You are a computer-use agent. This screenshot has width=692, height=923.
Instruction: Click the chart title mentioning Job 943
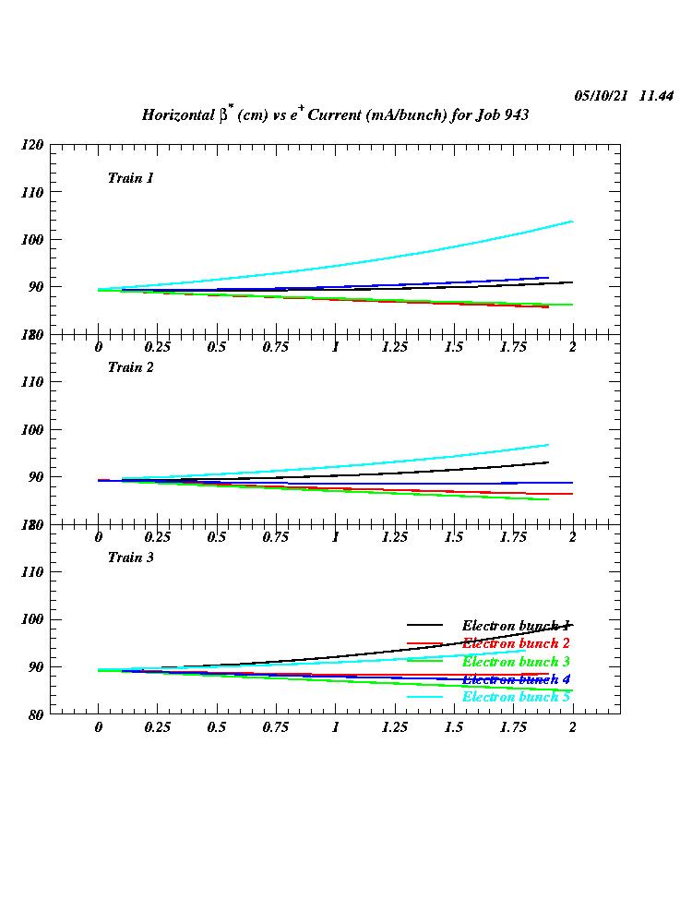click(334, 115)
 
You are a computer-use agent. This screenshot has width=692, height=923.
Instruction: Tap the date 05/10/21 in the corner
click(601, 96)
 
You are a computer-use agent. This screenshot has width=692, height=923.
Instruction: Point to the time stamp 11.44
click(656, 96)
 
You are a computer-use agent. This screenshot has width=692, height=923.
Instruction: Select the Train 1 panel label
click(130, 178)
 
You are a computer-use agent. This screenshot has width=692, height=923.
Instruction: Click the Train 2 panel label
click(130, 367)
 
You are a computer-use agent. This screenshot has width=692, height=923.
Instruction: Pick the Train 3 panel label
click(130, 557)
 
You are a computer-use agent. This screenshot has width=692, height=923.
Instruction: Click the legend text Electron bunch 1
click(516, 626)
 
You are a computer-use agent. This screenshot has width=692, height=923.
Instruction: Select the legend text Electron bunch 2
click(516, 643)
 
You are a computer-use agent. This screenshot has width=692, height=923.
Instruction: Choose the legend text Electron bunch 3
click(516, 662)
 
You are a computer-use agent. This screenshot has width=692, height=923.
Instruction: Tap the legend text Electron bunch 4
click(516, 679)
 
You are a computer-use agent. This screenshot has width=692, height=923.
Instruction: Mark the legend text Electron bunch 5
click(516, 697)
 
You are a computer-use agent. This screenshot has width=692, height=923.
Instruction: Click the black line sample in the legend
click(425, 626)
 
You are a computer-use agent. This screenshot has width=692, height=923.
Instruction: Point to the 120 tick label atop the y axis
click(32, 145)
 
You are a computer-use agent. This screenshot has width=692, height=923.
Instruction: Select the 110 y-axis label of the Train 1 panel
click(32, 192)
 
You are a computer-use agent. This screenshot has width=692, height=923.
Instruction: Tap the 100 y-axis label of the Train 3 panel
click(32, 619)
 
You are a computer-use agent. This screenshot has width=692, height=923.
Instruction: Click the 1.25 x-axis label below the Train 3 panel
click(394, 727)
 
